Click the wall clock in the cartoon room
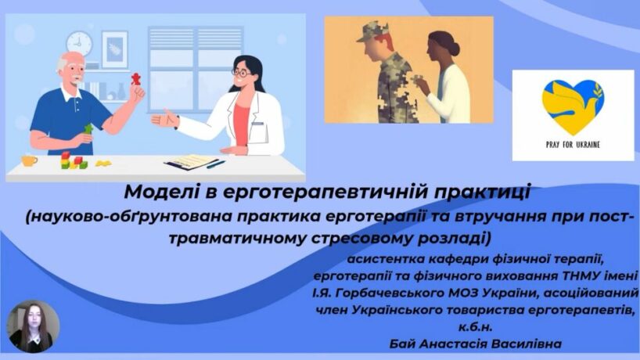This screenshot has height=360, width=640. tap(80, 43)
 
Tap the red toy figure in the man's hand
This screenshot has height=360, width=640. tap(135, 79)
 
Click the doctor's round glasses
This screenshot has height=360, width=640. tap(241, 74)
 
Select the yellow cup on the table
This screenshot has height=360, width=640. tap(29, 160)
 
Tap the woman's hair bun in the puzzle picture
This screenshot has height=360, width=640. tap(438, 40)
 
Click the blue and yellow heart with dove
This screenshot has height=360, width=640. tap(573, 106)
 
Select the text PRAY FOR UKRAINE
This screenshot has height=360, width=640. tap(573, 145)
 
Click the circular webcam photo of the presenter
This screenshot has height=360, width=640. tap(34, 326)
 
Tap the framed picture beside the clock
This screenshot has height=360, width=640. tap(115, 49)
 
